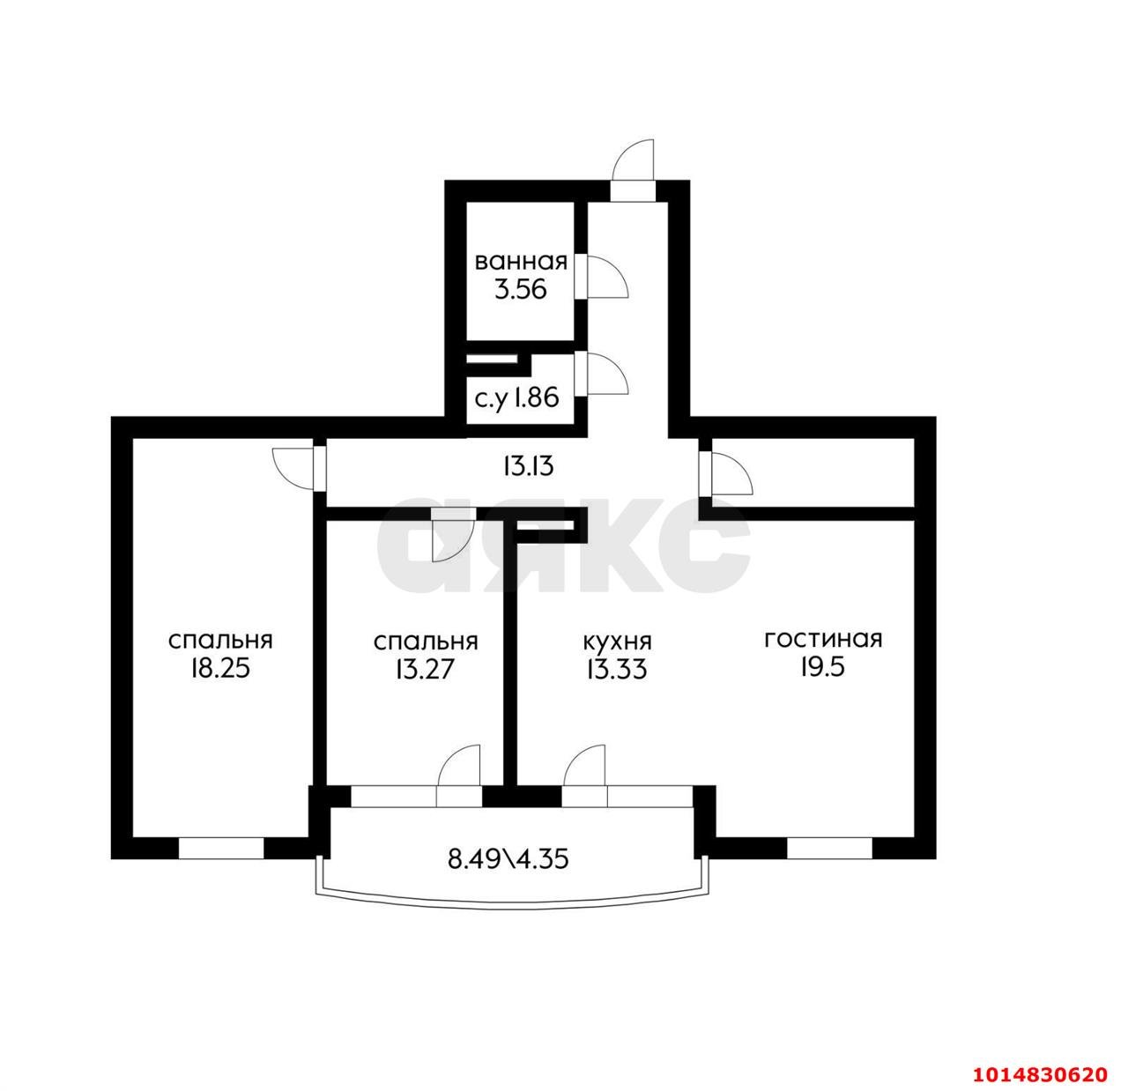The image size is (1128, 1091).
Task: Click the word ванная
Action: pyautogui.click(x=521, y=262)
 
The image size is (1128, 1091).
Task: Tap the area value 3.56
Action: pyautogui.click(x=521, y=289)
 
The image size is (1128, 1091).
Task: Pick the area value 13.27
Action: pyautogui.click(x=424, y=670)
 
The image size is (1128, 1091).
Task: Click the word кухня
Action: pyautogui.click(x=617, y=642)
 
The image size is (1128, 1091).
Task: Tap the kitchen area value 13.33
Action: pyautogui.click(x=617, y=670)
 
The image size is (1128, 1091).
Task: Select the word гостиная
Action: pyautogui.click(x=823, y=640)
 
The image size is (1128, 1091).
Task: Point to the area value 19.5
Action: pyautogui.click(x=823, y=668)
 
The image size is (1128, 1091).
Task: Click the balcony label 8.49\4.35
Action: pyautogui.click(x=508, y=859)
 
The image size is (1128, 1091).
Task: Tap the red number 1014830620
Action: pyautogui.click(x=1040, y=1058)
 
